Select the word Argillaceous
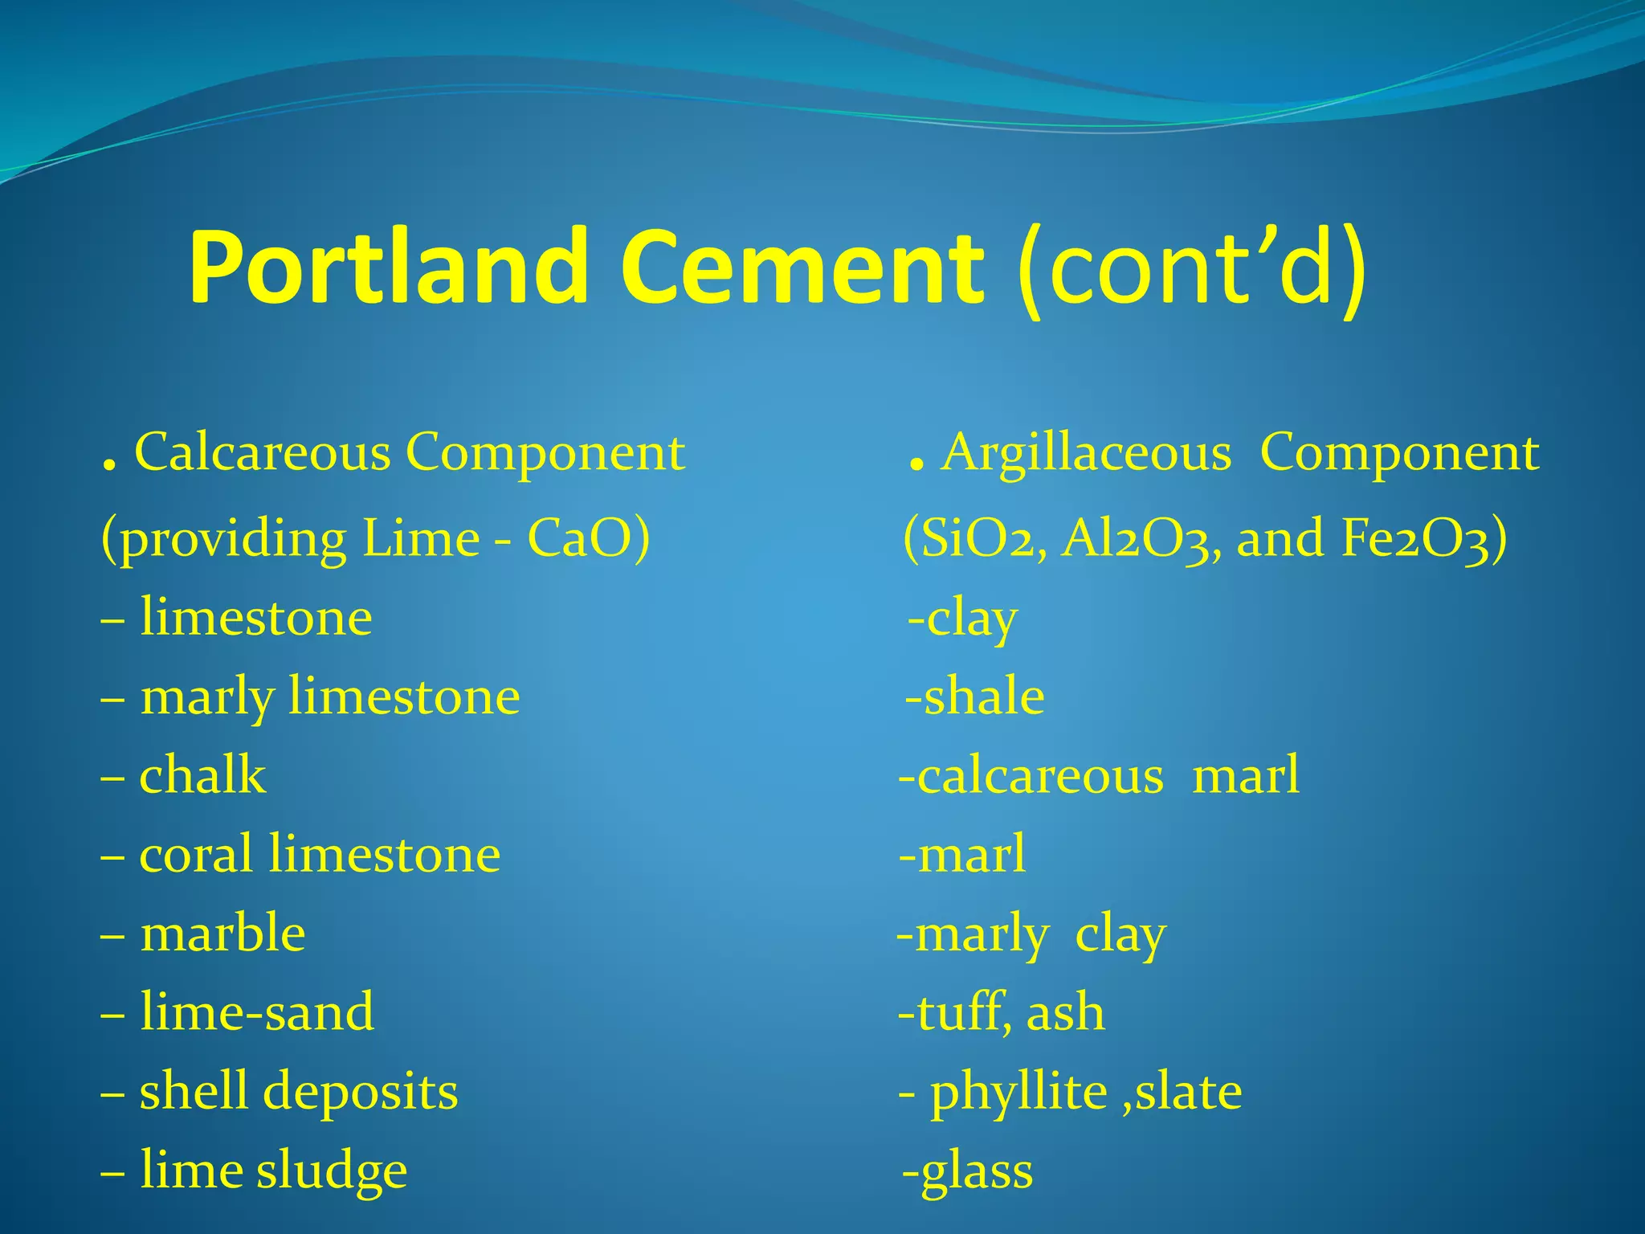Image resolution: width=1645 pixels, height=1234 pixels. (x=1087, y=452)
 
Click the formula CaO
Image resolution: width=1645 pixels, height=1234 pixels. (x=588, y=538)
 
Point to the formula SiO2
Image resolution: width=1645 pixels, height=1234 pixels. (x=974, y=538)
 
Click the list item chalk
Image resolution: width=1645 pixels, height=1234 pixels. (x=202, y=776)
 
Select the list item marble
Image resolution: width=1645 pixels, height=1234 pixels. (x=222, y=934)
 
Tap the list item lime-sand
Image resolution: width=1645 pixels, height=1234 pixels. (x=257, y=1012)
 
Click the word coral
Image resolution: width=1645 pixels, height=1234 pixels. (x=196, y=854)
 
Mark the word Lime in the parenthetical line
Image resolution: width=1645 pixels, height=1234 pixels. (x=421, y=538)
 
